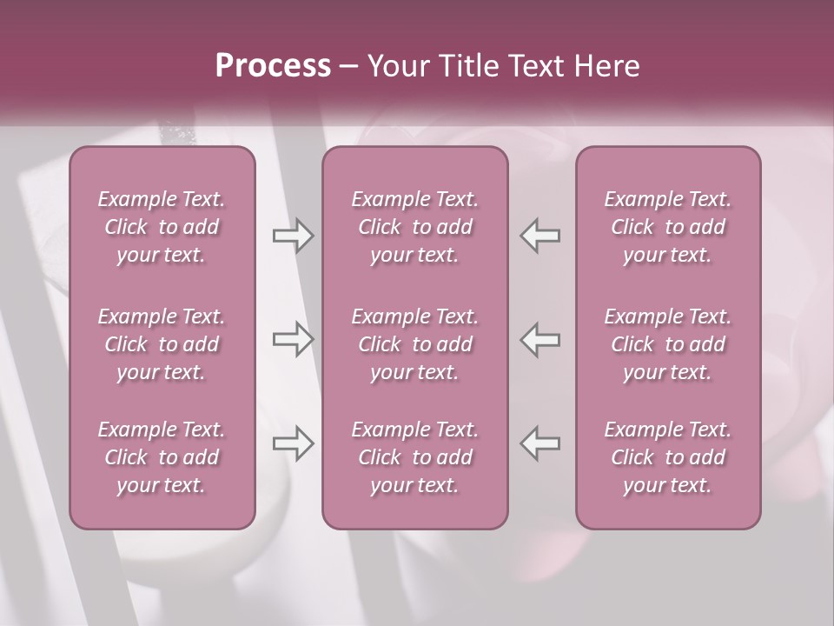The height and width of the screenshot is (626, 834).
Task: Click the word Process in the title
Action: pos(273,66)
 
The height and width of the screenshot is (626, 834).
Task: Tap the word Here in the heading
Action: pos(606,66)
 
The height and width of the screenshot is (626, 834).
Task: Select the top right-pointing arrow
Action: pos(293,236)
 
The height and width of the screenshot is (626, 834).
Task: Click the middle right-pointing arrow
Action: pos(293,339)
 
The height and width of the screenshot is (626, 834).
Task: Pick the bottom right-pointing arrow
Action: pos(293,443)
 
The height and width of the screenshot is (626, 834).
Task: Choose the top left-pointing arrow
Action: pos(539,236)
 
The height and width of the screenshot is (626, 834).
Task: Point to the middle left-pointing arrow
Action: pos(539,339)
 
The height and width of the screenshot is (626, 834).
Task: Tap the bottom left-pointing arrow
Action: pos(539,443)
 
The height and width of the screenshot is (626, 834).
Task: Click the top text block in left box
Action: pos(162,227)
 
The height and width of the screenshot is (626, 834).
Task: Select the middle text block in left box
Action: pos(162,344)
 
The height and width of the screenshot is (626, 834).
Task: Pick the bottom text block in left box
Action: pos(162,457)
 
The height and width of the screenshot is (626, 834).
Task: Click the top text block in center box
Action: pos(415,227)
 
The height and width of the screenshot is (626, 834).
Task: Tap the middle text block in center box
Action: pos(415,344)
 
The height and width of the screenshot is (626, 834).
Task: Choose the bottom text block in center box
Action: pos(415,457)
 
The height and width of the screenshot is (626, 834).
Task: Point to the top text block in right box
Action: pos(668,227)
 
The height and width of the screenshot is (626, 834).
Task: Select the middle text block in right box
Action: pos(668,344)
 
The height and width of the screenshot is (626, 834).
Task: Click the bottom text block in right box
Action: pos(668,457)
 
